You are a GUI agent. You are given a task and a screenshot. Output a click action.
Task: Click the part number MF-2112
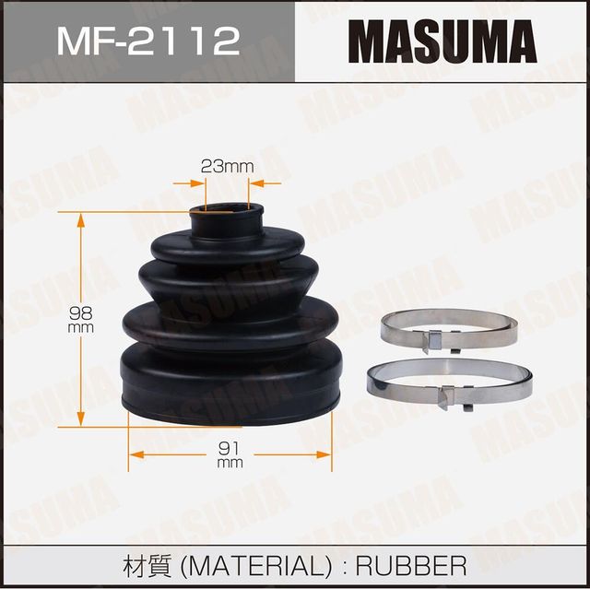click(x=147, y=41)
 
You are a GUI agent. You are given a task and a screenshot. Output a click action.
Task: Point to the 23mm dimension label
click(x=226, y=167)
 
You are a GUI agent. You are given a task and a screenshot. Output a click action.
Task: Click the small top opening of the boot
click(x=226, y=215)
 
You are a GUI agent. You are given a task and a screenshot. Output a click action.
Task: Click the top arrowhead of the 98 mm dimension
click(x=81, y=218)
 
